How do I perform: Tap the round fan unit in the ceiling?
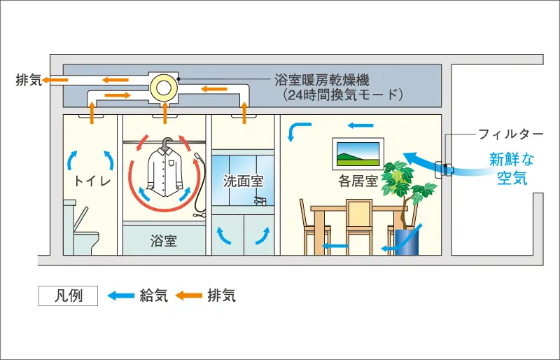pyautogui.click(x=164, y=86)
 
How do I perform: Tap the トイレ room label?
pyautogui.click(x=90, y=181)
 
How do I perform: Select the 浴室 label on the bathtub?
pyautogui.click(x=164, y=242)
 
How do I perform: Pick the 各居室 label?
pyautogui.click(x=358, y=181)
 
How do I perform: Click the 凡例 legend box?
pyautogui.click(x=68, y=296)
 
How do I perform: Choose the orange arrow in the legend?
pyautogui.click(x=188, y=296)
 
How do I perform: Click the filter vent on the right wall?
pyautogui.click(x=444, y=170)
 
